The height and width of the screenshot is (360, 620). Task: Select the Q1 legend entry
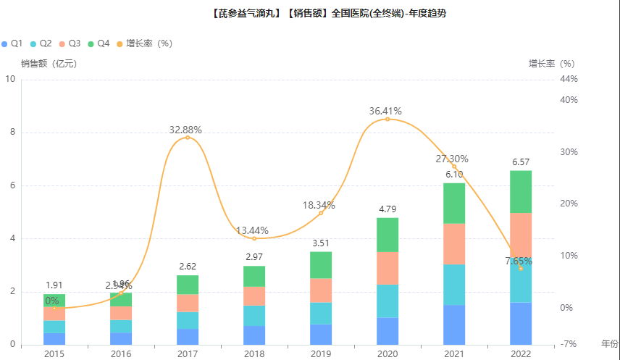[x=12, y=43]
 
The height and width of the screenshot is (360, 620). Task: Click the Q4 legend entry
[x=99, y=43]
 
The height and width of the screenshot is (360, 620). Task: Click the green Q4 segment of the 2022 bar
[x=521, y=191]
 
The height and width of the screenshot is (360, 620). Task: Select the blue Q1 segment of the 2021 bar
[x=454, y=325]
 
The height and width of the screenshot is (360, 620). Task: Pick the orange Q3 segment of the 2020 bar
[x=387, y=268]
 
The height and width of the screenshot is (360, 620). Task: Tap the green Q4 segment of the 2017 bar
[x=188, y=285]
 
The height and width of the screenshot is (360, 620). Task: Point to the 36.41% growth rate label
[x=385, y=111]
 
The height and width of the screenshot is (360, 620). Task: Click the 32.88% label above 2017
[x=185, y=130]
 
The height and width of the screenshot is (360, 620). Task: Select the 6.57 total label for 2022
[x=521, y=162]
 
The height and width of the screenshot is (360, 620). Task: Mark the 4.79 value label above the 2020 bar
[x=387, y=209]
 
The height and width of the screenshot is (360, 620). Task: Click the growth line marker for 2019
[x=321, y=213]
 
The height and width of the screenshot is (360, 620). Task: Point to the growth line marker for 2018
[x=254, y=238]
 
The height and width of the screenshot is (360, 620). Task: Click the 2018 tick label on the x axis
[x=254, y=353]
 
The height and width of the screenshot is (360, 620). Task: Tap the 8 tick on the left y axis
[x=10, y=133]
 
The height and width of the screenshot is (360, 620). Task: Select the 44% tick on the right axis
[x=569, y=79]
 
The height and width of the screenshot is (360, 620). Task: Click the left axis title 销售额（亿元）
[x=49, y=63]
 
